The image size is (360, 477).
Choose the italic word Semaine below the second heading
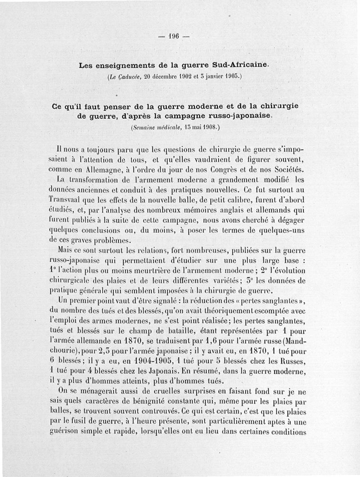coord(145,127)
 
